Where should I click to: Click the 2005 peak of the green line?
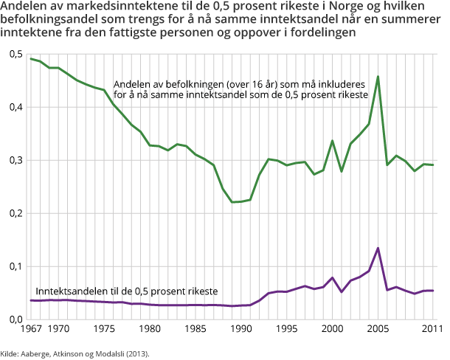(378, 77)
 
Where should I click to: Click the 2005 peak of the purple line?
(378, 248)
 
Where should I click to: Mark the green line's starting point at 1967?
(32, 58)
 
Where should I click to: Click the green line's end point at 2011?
(432, 165)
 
